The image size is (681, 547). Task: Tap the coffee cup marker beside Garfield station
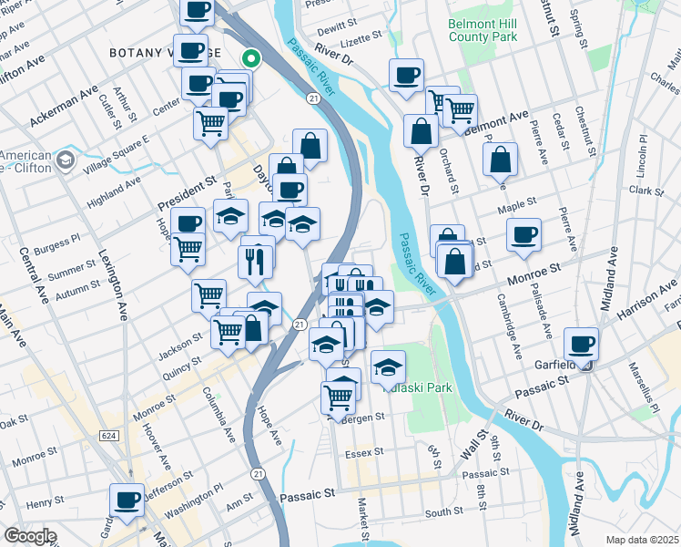point(580,344)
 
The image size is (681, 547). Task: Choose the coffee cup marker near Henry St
point(127,499)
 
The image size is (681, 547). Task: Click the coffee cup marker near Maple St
point(523,234)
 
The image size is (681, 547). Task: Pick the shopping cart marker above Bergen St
point(338,397)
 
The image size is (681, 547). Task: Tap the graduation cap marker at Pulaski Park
point(388,366)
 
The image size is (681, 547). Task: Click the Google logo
point(30,536)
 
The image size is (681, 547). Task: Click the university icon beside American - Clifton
point(65,160)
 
